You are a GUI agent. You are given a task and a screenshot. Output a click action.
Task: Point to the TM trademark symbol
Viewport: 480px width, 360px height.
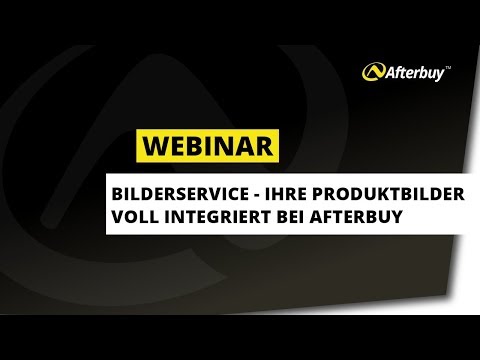pos(447,65)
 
